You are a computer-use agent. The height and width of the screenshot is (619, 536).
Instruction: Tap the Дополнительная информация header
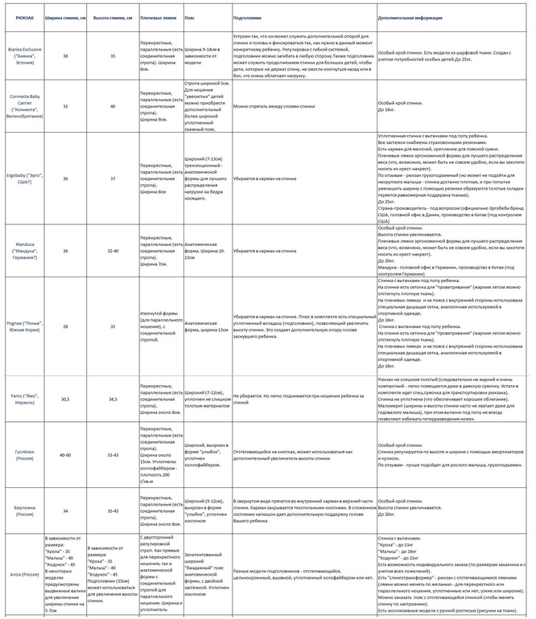coord(419,16)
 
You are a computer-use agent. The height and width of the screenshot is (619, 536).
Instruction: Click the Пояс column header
coord(190,16)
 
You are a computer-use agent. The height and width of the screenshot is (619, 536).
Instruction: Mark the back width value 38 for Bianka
coord(65,55)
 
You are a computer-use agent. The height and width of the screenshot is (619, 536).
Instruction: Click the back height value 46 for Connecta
coord(113,105)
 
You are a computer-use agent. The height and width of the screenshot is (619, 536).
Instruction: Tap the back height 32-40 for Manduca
coord(113,251)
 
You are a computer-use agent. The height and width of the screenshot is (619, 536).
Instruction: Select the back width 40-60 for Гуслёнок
coord(65,454)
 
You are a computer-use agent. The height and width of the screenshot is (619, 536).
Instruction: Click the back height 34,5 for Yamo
coord(113,398)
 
